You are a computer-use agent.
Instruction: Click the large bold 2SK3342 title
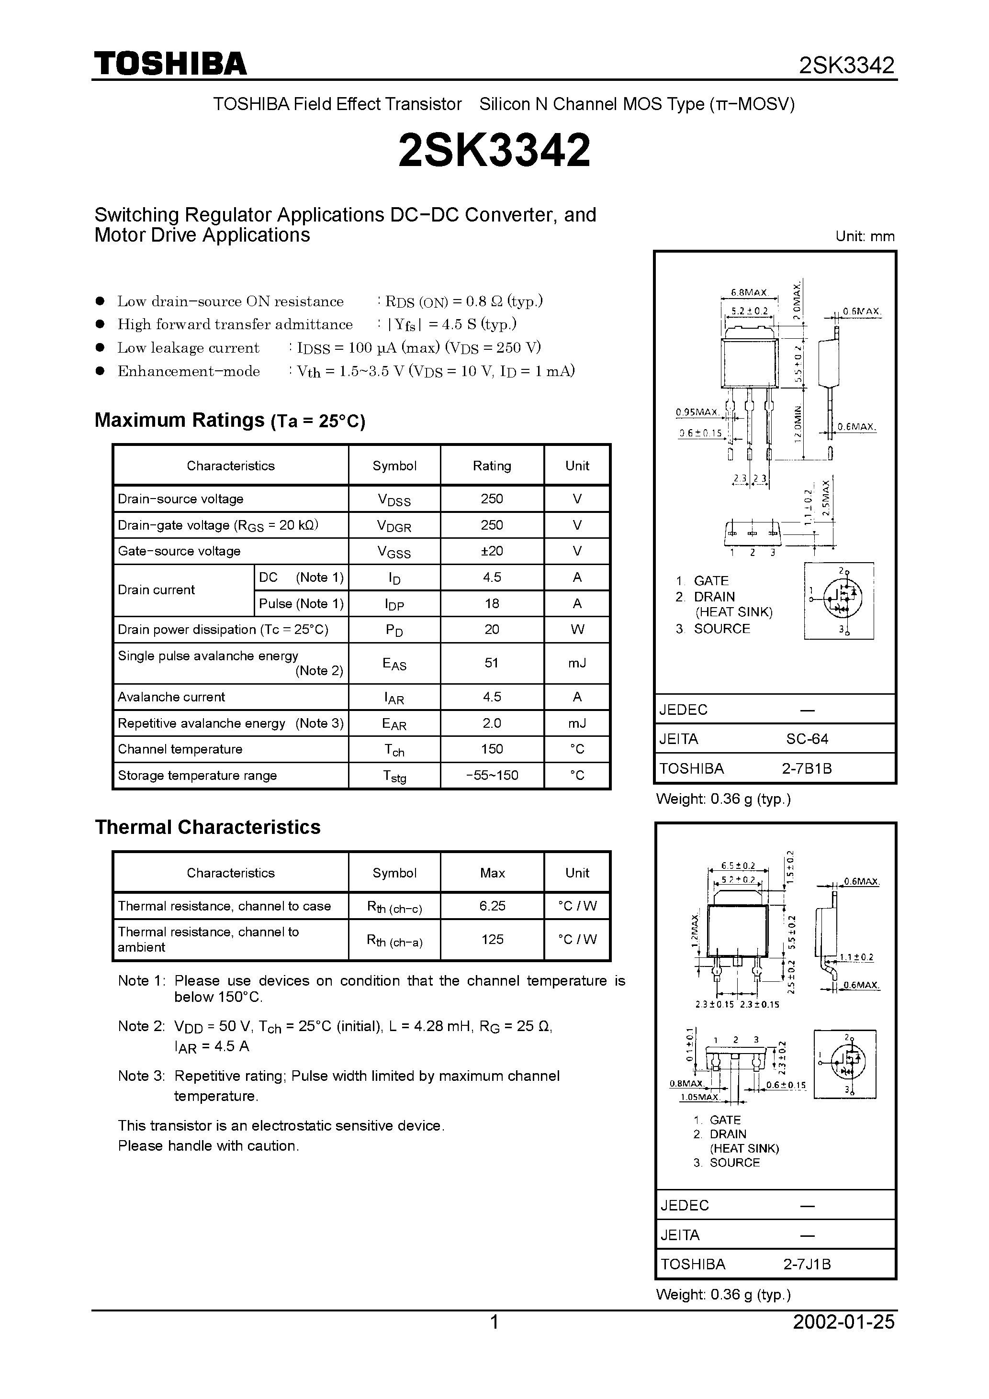click(494, 151)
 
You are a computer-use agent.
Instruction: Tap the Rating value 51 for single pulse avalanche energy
click(492, 663)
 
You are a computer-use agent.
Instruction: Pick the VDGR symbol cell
click(394, 525)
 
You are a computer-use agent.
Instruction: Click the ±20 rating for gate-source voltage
click(492, 551)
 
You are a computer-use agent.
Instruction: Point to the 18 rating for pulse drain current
click(492, 603)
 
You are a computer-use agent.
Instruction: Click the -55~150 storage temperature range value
click(492, 775)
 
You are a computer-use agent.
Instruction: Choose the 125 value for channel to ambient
click(492, 939)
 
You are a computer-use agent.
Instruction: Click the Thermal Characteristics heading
click(207, 827)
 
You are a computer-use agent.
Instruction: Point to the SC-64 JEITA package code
click(807, 739)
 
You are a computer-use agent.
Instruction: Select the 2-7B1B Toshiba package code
click(807, 768)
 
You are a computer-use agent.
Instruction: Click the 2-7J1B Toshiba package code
click(807, 1265)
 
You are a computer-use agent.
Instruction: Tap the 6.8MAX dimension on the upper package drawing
click(749, 292)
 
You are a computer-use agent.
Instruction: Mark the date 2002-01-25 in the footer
click(843, 1321)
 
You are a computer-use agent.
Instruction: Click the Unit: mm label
click(865, 236)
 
